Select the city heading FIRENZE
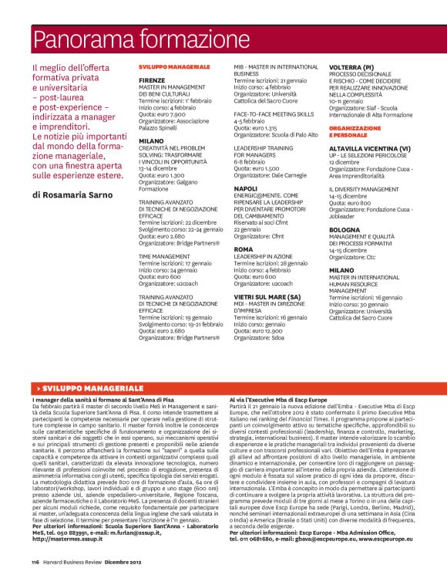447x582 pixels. pos(153,80)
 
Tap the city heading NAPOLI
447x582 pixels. pos(246,188)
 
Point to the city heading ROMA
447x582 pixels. pos(243,250)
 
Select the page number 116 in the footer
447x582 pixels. pos(35,563)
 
